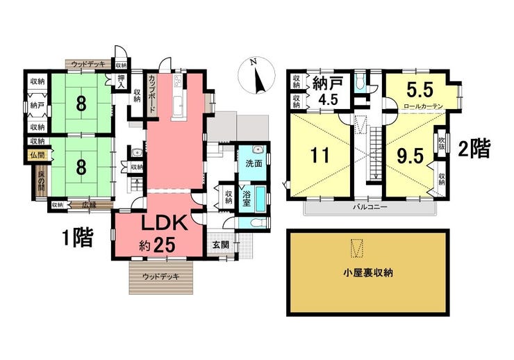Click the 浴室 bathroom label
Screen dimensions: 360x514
[x=245, y=197]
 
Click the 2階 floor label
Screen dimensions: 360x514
[x=475, y=149]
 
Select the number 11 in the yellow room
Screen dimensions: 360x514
[x=319, y=155]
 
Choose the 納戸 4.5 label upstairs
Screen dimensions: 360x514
[x=326, y=89]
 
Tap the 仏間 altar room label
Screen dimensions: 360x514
[x=37, y=156]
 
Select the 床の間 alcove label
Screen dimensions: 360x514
[x=41, y=181]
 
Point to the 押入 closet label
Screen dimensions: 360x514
[x=122, y=82]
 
